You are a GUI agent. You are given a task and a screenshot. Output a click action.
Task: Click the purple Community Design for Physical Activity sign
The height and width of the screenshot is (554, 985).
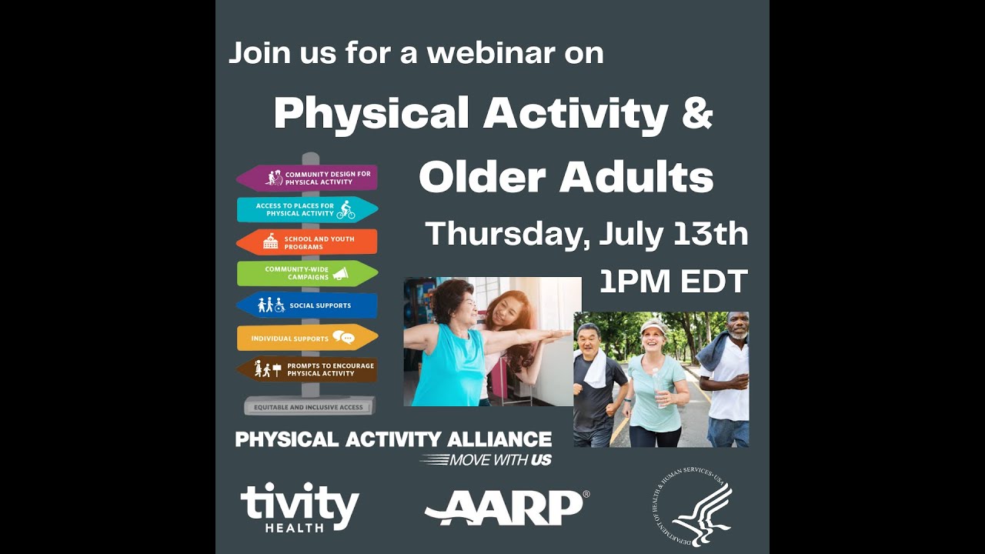308,179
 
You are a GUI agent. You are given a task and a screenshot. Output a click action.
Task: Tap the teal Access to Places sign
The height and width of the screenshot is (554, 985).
307,209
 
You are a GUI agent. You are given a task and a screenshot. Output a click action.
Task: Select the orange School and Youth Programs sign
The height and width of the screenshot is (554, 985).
307,242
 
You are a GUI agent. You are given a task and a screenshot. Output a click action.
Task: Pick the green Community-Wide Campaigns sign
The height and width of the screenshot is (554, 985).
307,273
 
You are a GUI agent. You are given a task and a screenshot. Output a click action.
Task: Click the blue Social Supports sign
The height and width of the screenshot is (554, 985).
307,305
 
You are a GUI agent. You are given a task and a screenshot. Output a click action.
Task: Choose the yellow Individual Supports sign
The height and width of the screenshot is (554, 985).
307,338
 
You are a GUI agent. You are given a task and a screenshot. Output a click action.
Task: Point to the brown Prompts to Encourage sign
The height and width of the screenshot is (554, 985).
307,369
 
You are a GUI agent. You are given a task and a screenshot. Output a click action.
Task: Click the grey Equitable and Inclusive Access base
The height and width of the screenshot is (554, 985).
309,406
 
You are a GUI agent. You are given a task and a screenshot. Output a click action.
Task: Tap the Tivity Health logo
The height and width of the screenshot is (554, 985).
299,507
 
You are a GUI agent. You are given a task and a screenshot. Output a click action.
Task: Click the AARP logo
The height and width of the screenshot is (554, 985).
506,507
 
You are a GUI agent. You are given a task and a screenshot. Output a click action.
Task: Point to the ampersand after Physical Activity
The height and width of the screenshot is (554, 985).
698,113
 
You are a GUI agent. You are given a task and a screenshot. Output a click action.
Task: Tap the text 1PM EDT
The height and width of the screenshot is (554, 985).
673,282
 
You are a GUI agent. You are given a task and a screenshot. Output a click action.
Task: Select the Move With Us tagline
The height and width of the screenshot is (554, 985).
487,460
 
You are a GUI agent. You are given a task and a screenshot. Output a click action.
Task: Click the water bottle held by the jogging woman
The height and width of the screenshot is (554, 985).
656,389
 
